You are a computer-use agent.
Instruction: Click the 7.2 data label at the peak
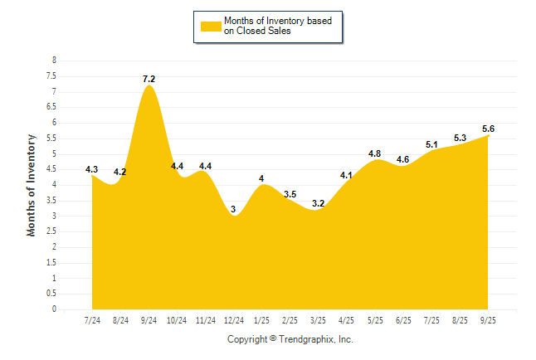coord(149,79)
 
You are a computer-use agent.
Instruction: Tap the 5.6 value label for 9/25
coord(488,129)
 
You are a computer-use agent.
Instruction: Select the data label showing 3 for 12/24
coord(234,209)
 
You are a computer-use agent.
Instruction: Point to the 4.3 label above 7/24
coord(92,169)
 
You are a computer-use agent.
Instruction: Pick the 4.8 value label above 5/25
coord(375,153)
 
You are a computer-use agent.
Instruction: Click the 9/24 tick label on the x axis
coord(149,319)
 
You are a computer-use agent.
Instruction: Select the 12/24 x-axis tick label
coord(234,319)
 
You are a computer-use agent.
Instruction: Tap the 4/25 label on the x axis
coord(347,319)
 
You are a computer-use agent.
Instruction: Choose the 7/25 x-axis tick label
coord(431,319)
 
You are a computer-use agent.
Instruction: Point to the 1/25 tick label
coord(262,319)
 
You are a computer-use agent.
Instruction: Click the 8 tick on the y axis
coord(54,61)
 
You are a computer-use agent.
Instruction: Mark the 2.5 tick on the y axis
coord(51,231)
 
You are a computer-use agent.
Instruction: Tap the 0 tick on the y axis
coord(54,309)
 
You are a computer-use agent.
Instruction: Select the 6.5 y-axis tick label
coord(51,107)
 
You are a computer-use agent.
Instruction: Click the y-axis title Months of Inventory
coord(32,185)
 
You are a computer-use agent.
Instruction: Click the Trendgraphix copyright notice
coord(290,339)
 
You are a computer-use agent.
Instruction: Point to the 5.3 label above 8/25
coord(460,138)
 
